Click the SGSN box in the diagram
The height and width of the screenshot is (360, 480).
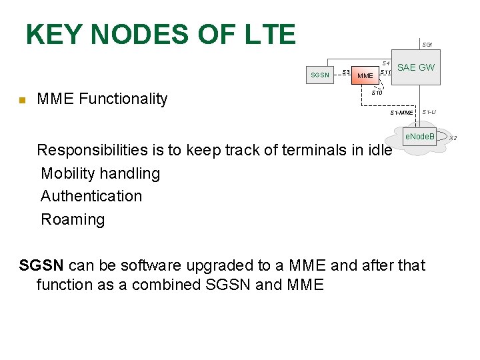[320, 75]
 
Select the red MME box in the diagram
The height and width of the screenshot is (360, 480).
[365, 75]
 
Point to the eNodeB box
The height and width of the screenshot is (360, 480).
[420, 137]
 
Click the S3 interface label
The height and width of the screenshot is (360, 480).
[345, 71]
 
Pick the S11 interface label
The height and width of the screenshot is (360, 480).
[385, 72]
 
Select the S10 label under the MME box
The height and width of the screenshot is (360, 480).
[376, 93]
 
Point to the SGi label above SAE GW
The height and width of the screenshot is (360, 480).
[427, 45]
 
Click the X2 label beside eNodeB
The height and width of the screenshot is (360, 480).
[453, 138]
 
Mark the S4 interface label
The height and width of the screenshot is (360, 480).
[385, 63]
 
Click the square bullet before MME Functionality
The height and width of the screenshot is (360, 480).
[21, 101]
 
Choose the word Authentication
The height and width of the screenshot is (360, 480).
[91, 196]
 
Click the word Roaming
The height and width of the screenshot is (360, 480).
[73, 219]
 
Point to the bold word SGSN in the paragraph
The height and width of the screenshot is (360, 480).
[41, 265]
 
